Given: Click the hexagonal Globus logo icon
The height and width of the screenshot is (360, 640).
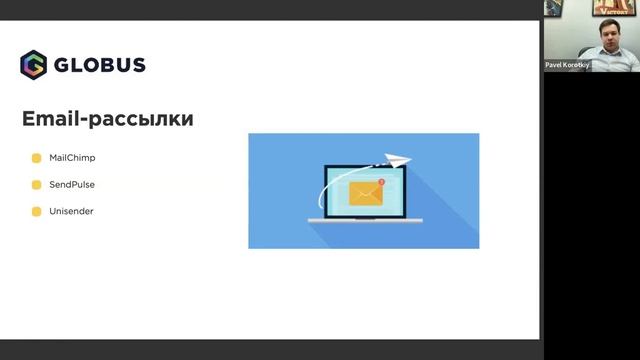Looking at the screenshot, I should click(33, 65).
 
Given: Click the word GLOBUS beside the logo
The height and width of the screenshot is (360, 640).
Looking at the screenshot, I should click(100, 65).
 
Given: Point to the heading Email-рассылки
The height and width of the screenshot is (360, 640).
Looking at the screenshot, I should click(107, 119).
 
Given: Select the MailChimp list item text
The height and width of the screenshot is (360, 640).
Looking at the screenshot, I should click(72, 158).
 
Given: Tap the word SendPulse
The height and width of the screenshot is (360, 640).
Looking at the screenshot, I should click(71, 185).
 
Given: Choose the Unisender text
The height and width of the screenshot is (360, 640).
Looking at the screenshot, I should click(71, 212).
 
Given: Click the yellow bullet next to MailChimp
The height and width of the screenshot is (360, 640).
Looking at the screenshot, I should click(37, 158).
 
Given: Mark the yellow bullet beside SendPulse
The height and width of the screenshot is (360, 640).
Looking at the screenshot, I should click(37, 185).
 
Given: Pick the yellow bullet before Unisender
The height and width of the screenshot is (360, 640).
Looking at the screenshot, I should click(37, 212).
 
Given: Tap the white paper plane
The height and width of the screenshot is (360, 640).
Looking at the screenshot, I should click(399, 158).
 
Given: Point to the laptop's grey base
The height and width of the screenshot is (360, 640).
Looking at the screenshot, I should click(364, 220).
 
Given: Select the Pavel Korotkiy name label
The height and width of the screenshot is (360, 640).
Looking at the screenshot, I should click(567, 65).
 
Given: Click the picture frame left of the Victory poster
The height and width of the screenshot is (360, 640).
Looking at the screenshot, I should click(552, 8).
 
